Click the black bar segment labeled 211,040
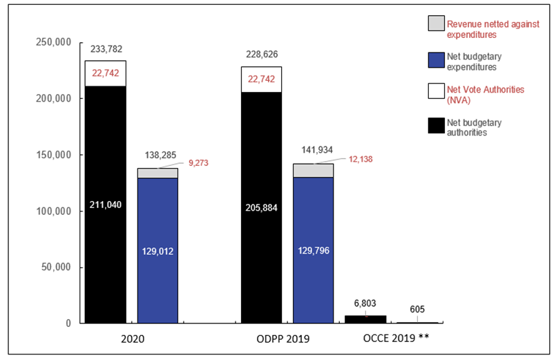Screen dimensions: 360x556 click(x=105, y=205)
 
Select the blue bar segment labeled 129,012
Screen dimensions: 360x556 click(x=157, y=250)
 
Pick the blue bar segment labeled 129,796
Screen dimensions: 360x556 click(x=313, y=250)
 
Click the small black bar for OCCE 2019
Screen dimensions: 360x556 click(x=365, y=319)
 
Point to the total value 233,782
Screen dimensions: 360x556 click(x=105, y=48)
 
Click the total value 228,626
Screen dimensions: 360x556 click(x=260, y=54)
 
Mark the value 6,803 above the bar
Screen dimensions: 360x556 click(x=365, y=305)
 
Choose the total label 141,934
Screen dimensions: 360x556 click(x=313, y=149)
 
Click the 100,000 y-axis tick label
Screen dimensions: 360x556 click(x=54, y=211)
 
